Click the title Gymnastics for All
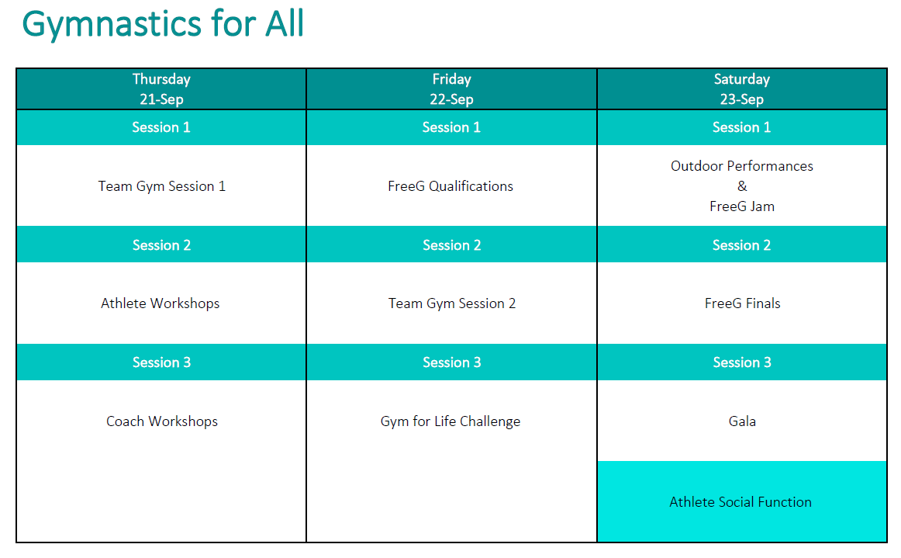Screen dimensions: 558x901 (163, 23)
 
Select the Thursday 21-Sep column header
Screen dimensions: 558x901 (161, 89)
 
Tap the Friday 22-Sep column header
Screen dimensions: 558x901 (451, 89)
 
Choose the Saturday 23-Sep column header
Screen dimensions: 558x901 (741, 89)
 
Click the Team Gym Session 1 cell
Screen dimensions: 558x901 (161, 186)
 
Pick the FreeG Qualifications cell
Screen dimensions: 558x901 (450, 186)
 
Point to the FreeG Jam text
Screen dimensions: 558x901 (741, 206)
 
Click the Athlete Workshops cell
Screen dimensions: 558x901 (161, 303)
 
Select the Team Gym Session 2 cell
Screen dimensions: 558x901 (451, 303)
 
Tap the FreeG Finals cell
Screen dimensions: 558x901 (742, 303)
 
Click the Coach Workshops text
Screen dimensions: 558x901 (162, 421)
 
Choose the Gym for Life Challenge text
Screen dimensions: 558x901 (450, 421)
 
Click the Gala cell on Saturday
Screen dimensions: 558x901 (742, 421)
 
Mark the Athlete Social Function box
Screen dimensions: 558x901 (740, 502)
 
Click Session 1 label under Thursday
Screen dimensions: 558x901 (161, 127)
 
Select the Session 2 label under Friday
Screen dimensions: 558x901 (451, 245)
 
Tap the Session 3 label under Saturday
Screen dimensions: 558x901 (742, 362)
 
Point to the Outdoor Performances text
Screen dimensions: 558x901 (741, 166)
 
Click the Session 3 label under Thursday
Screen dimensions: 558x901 (161, 362)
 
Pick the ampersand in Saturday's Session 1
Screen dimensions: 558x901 (742, 186)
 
